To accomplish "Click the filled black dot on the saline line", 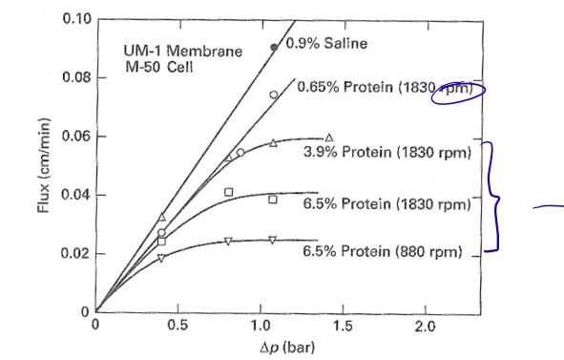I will point(275,46).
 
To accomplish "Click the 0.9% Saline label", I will point(327,44).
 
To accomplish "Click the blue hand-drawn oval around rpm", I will point(459,91).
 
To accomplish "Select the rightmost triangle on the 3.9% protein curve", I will point(329,138).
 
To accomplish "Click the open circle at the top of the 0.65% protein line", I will point(273,95).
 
